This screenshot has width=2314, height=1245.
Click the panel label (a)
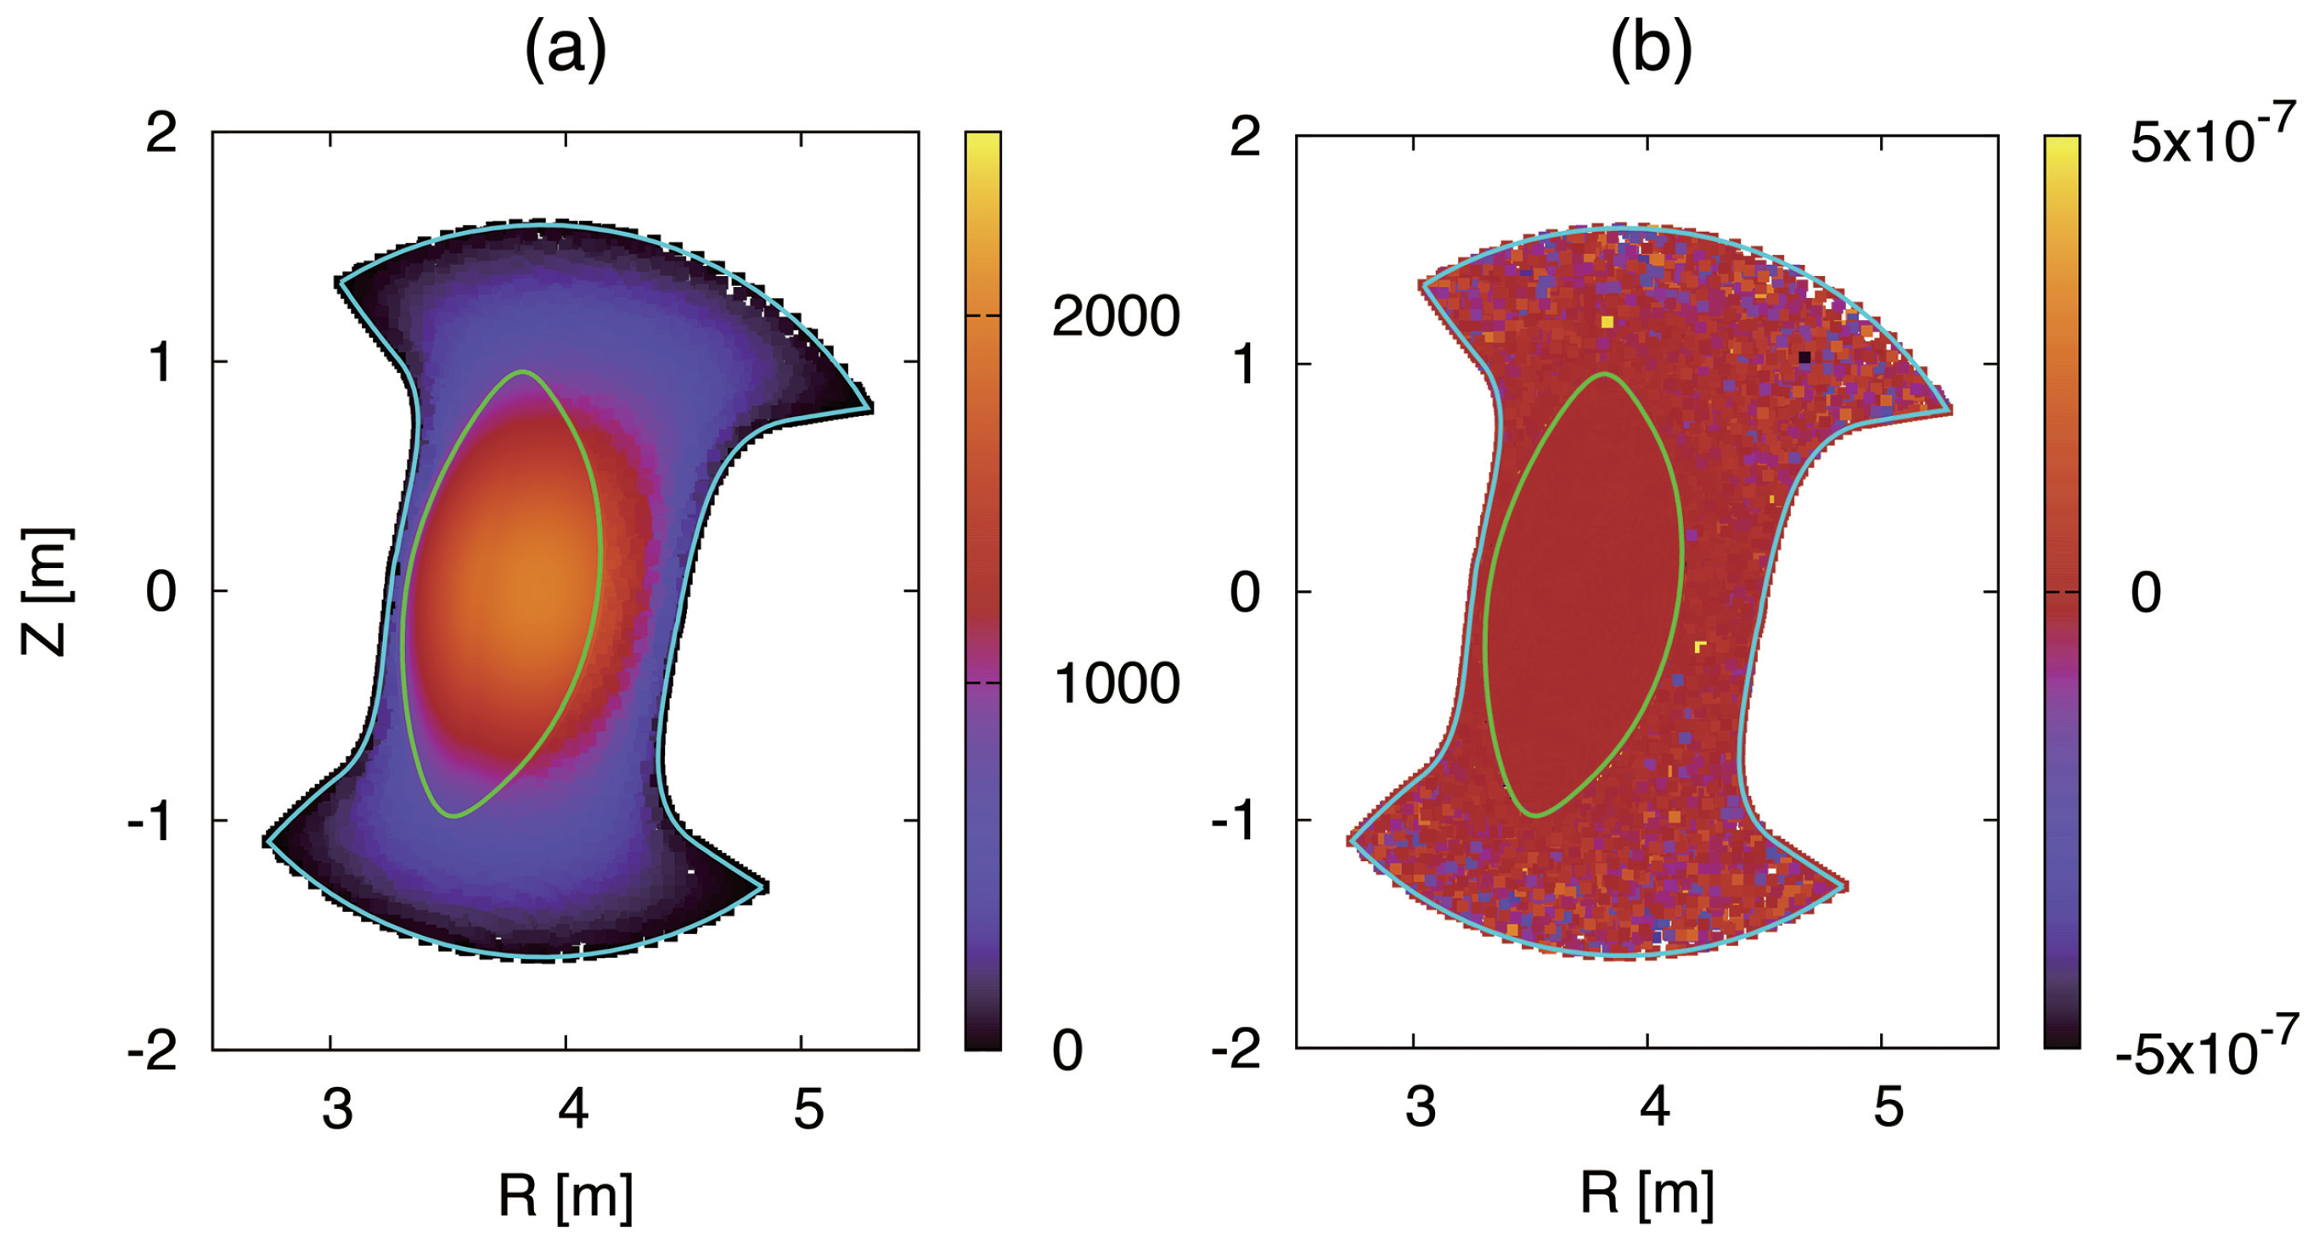click(566, 51)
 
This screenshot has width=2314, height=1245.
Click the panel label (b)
click(1650, 51)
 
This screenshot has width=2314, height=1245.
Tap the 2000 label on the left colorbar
click(1116, 316)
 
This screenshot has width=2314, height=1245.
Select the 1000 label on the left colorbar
click(1116, 684)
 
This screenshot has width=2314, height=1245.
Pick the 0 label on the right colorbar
click(2146, 593)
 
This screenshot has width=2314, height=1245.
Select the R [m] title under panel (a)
click(566, 1196)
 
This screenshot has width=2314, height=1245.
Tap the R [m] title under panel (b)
click(1647, 1194)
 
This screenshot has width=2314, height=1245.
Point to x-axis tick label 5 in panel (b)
click(1888, 1107)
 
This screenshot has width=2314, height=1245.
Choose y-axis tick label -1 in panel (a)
click(151, 822)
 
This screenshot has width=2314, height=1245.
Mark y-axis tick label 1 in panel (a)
click(160, 363)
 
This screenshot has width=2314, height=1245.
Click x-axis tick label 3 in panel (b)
click(1420, 1107)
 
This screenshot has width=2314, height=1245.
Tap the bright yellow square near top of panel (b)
click(1607, 321)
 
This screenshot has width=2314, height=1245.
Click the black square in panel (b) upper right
click(1804, 358)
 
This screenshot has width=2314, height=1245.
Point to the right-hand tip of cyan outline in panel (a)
click(870, 407)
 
